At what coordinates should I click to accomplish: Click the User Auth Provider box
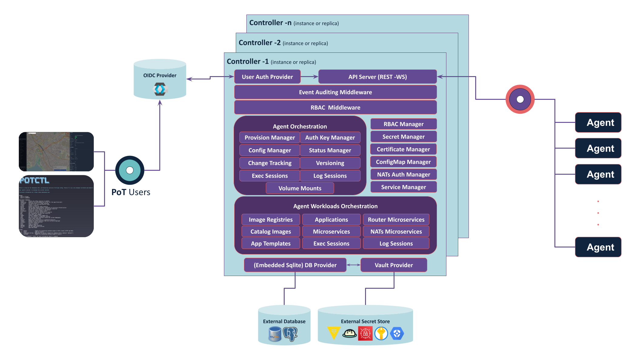(x=267, y=77)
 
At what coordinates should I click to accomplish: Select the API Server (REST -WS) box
(x=378, y=77)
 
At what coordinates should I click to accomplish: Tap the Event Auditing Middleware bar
(x=335, y=92)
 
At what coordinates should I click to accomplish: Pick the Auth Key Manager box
(x=330, y=137)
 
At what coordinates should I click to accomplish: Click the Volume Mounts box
(x=300, y=188)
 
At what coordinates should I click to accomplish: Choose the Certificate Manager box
(x=403, y=149)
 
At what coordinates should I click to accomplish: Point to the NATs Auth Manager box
(x=403, y=174)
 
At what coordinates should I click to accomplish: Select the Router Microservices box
(x=396, y=220)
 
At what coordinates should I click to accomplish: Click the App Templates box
(x=271, y=244)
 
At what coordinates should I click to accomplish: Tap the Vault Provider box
(x=394, y=265)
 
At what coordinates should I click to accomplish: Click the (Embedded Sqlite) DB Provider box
(x=295, y=265)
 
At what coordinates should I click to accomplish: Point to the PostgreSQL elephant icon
(x=290, y=334)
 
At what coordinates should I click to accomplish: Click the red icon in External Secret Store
(x=365, y=334)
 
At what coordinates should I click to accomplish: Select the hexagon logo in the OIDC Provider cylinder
(x=160, y=89)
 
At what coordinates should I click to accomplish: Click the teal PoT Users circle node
(x=130, y=170)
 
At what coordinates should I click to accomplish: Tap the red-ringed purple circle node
(x=520, y=99)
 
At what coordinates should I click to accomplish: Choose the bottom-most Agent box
(x=598, y=247)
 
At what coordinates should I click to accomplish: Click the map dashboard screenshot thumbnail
(x=56, y=152)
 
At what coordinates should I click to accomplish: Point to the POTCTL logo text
(x=34, y=181)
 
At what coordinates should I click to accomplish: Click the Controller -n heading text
(x=270, y=23)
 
